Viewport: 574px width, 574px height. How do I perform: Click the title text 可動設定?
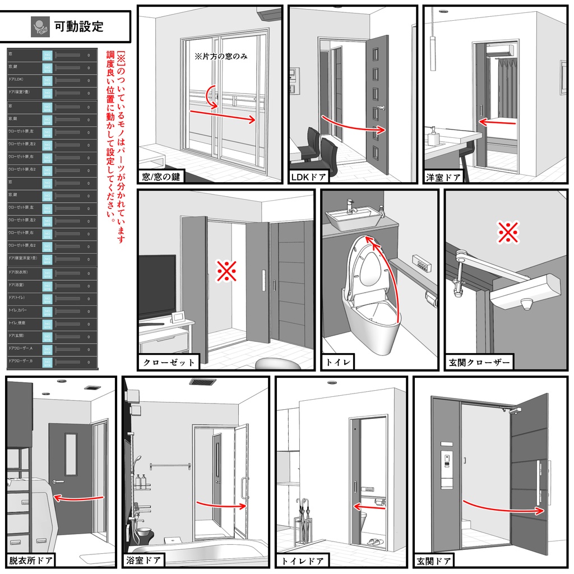(78, 26)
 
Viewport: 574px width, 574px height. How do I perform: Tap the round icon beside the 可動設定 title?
(39, 26)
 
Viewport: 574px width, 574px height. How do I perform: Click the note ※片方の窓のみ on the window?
(221, 57)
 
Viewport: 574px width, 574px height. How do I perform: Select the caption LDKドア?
(309, 177)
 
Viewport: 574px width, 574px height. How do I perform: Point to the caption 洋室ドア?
(443, 177)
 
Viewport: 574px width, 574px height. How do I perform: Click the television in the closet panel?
(157, 286)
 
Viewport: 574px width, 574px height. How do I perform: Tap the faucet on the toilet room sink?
(351, 206)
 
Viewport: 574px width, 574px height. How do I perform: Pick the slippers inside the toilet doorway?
(373, 542)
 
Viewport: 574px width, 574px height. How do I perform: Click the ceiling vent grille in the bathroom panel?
(202, 382)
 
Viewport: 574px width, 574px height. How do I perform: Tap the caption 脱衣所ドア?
(31, 559)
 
